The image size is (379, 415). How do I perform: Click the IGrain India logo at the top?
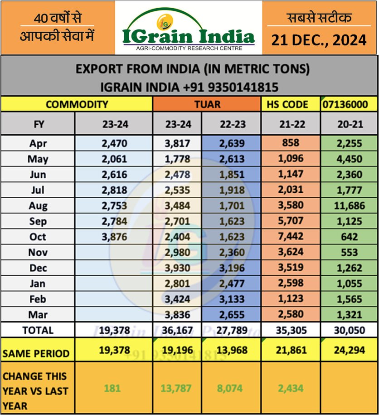(x=188, y=29)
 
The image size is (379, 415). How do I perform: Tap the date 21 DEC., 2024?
(x=319, y=40)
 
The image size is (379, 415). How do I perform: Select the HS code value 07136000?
(x=349, y=104)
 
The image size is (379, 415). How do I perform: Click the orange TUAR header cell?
(x=207, y=104)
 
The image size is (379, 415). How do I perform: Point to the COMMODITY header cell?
(x=77, y=104)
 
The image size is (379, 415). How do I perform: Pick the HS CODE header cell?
(x=291, y=104)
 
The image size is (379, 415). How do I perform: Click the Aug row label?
(x=38, y=205)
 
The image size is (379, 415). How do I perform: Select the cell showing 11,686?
(x=349, y=205)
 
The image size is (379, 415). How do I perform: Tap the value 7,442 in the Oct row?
(x=291, y=237)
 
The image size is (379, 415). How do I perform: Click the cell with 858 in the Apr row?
(x=291, y=143)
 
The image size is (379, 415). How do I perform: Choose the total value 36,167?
(x=177, y=330)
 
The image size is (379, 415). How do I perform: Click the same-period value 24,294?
(x=349, y=351)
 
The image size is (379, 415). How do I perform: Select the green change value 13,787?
(x=177, y=389)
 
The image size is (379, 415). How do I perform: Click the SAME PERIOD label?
(x=36, y=353)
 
